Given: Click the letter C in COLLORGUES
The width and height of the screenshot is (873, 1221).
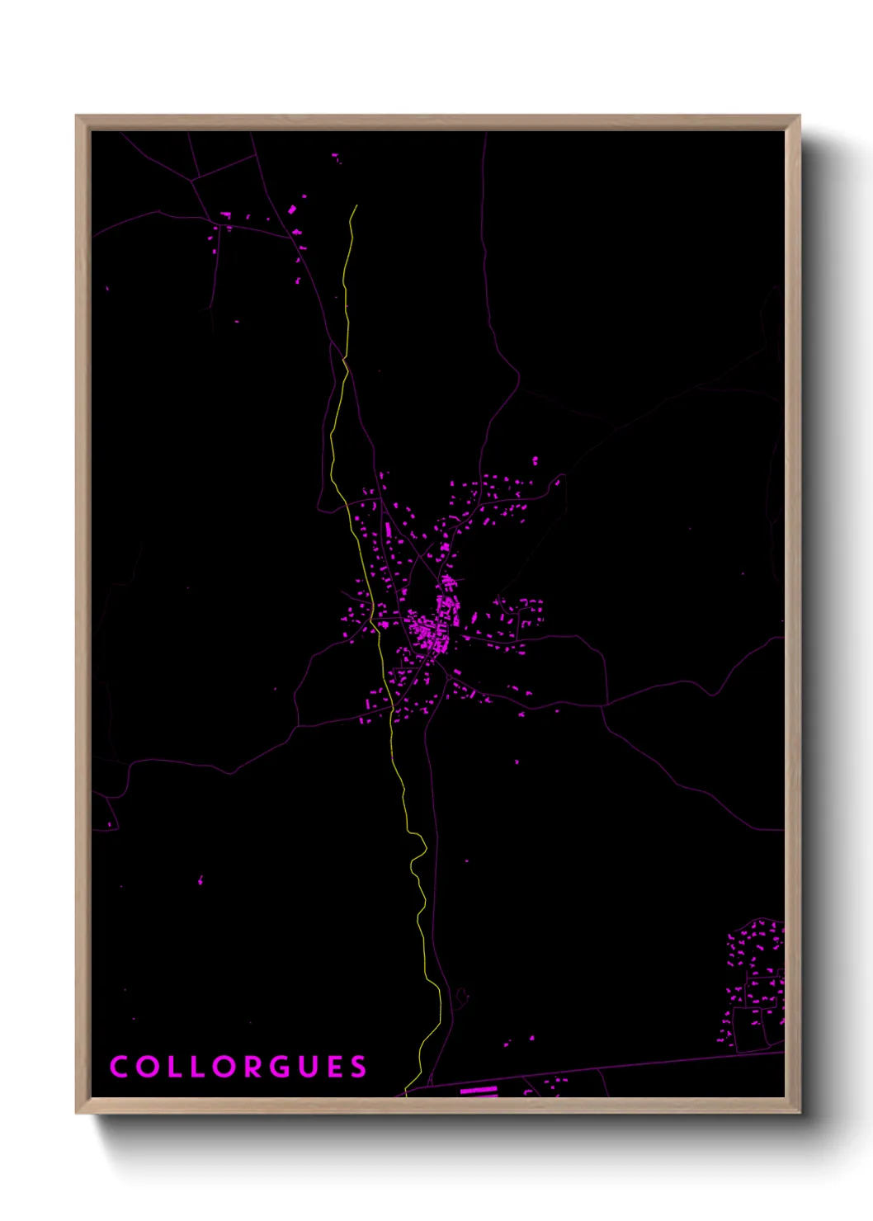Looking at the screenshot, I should coord(119,1067).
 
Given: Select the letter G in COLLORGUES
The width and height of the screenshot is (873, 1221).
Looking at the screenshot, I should coord(281,1067).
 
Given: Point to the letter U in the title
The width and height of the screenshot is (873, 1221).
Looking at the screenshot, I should coord(309,1067).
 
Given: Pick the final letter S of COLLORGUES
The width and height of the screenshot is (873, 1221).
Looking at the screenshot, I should coord(358,1067).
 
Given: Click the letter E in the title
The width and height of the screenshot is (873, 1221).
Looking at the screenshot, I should coord(334,1067).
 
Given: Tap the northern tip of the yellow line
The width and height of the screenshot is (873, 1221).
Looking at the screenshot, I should coord(356,205).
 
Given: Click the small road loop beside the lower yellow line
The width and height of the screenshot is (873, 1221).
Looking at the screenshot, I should coord(460,996).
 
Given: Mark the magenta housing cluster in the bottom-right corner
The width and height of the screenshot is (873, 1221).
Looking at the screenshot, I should coord(755,982).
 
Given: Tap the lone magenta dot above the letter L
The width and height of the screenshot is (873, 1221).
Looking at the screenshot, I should coord(201,880).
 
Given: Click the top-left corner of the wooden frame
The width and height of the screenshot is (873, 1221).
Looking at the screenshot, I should coord(77,116).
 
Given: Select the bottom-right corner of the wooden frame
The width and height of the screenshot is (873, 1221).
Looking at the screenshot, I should coord(800,1113).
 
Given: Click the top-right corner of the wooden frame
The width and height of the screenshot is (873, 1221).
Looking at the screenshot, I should coord(799,116).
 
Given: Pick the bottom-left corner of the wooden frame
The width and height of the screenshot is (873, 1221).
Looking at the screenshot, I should coord(77,1113).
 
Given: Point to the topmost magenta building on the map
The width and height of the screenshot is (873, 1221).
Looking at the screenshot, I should coord(335,155).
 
